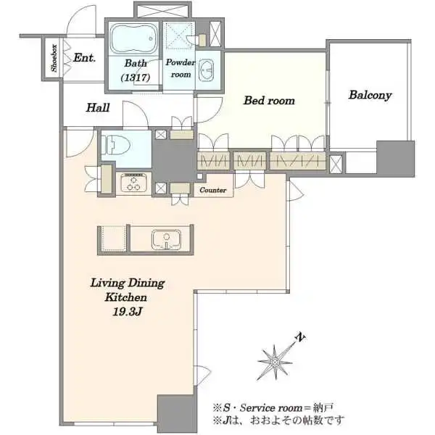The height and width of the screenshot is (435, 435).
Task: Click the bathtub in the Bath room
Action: click(x=133, y=38)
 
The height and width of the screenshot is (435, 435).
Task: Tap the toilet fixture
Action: click(x=116, y=145)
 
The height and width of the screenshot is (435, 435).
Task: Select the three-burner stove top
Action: click(x=133, y=182)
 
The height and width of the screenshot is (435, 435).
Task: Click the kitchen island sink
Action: click(x=166, y=239)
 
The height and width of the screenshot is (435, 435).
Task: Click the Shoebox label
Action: click(x=54, y=58)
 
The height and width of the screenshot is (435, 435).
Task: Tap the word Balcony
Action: click(x=370, y=95)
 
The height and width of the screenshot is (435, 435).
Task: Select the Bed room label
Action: click(x=269, y=101)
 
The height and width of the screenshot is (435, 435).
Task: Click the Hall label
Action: click(x=98, y=107)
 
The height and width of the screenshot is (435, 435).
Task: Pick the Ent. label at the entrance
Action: click(x=84, y=58)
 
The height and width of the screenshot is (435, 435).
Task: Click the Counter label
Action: click(x=212, y=190)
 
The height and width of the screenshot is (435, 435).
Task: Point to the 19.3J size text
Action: click(x=128, y=312)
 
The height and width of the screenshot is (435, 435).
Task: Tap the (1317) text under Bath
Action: click(x=136, y=78)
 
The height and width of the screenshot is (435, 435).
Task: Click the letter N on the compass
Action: click(x=301, y=337)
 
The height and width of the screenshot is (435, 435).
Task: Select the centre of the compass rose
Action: click(x=275, y=362)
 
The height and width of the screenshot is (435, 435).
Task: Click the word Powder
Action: click(x=181, y=62)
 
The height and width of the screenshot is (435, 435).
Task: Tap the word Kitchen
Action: click(x=126, y=297)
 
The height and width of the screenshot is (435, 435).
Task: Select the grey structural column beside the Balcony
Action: click(x=395, y=158)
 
